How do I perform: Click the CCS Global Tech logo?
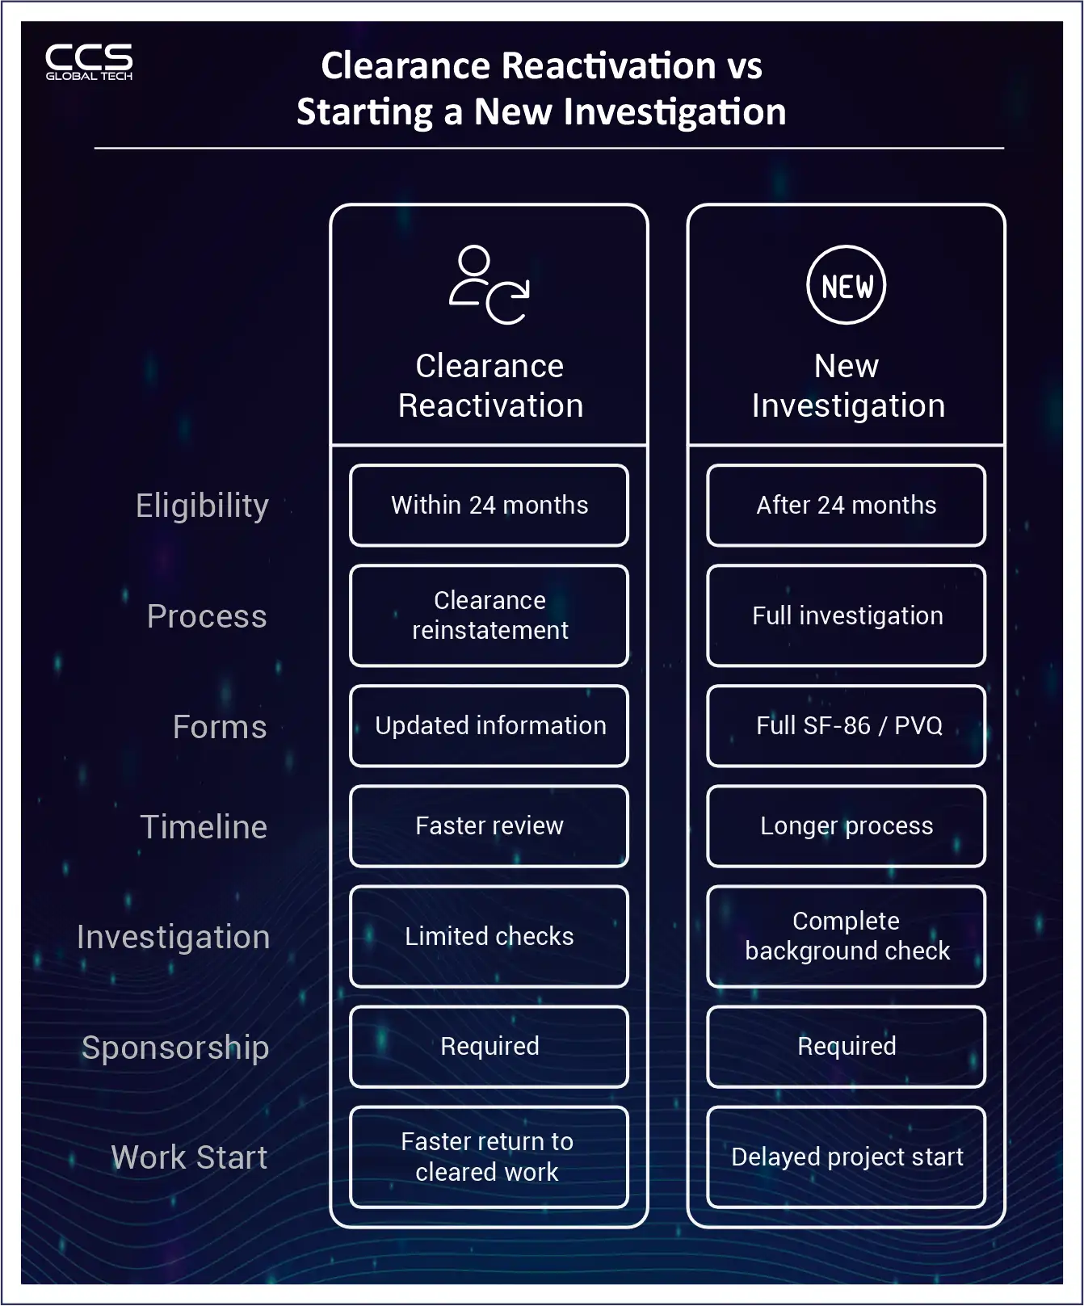coord(89,62)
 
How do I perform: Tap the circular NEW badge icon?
coord(846,285)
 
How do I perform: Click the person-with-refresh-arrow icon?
coord(489,285)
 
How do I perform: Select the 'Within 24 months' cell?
coord(489,506)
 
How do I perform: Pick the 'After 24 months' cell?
coord(846,506)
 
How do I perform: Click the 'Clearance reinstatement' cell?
coord(489,615)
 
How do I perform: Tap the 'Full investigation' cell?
coord(846,615)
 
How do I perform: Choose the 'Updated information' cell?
coord(489,725)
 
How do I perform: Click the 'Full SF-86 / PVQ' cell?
coord(846,725)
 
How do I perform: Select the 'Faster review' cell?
coord(489,825)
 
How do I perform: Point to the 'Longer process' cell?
coord(846,825)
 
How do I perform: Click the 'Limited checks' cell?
coord(489,936)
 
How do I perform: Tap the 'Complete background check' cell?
coord(846,936)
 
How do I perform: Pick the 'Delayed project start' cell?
coord(846,1157)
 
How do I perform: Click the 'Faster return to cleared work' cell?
coord(489,1157)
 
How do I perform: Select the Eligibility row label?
coord(202,506)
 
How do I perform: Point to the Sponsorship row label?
coord(175,1048)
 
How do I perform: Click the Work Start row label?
coord(189,1157)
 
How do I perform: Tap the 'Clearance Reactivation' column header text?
coord(489,386)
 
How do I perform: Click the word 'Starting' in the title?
coord(364,112)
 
